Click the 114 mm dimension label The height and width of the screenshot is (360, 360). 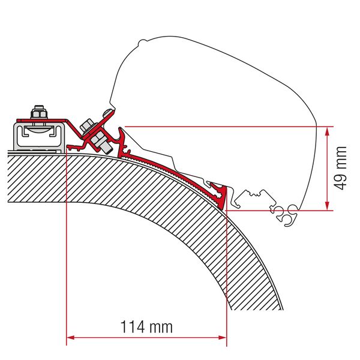point(146,327)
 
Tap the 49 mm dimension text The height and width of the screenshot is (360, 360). point(340,168)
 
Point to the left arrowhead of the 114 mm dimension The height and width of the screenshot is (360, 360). point(70,337)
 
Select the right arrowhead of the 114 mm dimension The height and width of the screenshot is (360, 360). point(222,337)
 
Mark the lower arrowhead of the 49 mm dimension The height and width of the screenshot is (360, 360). point(328,206)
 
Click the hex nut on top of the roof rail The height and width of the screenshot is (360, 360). point(39,113)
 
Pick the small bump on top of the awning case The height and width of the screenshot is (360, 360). point(143,42)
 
